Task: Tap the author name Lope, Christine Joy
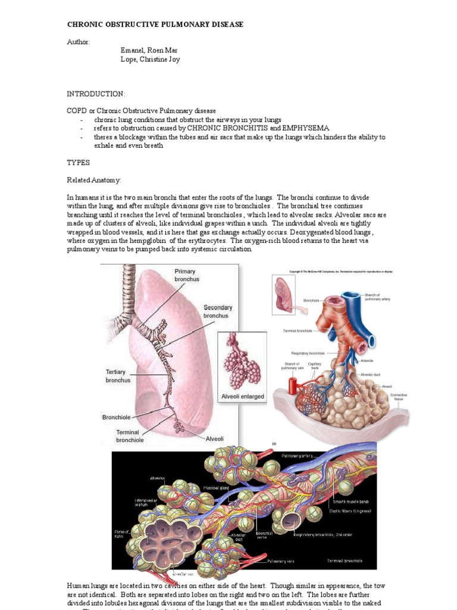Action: click(x=150, y=60)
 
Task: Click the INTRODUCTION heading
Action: click(x=96, y=94)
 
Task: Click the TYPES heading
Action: click(x=78, y=162)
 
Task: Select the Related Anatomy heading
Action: click(x=93, y=179)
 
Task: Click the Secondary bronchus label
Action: click(x=217, y=312)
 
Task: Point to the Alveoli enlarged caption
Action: click(x=242, y=396)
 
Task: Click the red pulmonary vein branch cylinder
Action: click(x=292, y=385)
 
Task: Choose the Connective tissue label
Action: click(x=398, y=397)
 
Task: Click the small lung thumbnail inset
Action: click(x=284, y=294)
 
